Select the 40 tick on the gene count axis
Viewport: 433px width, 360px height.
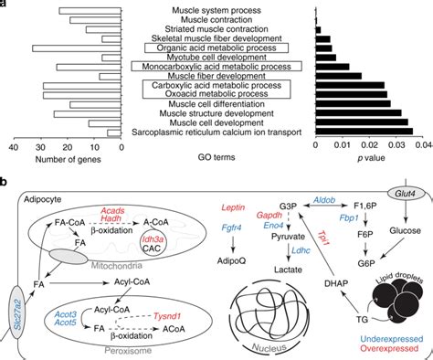click(13, 144)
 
